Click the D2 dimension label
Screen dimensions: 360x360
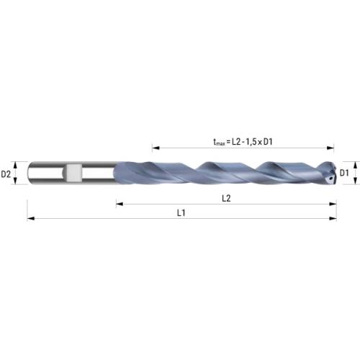(6, 174)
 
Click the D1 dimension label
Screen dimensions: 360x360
(344, 173)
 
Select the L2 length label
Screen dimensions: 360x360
(226, 198)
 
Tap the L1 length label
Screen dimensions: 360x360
(181, 212)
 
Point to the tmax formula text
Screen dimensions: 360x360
(243, 142)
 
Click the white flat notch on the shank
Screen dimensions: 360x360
(73, 173)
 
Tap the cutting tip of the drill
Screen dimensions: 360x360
(335, 172)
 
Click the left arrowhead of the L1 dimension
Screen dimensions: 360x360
(31, 218)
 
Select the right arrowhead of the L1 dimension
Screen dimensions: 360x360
(333, 218)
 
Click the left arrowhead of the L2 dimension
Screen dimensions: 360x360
(120, 204)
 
